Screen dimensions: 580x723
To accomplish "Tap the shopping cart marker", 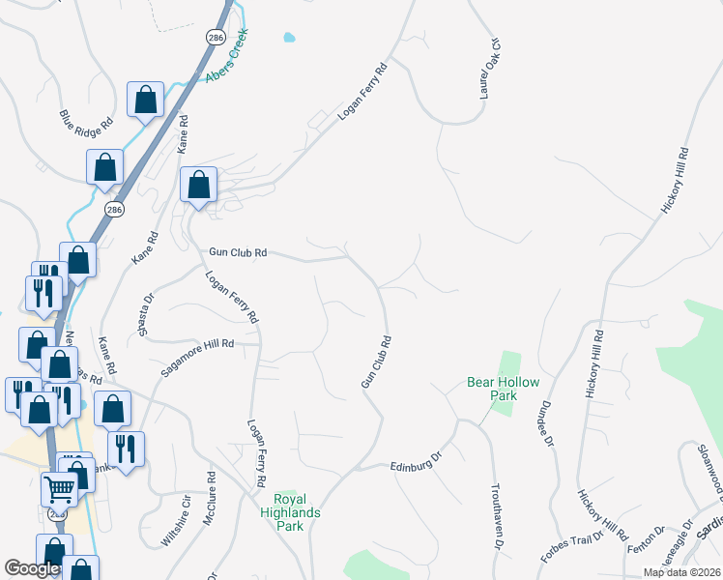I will (59, 491).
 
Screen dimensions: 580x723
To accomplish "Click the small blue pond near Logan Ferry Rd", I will (288, 39).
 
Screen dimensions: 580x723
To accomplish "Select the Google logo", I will (32, 568).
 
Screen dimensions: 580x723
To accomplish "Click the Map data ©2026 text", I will (681, 572).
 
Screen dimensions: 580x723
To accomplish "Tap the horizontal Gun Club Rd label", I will (238, 253).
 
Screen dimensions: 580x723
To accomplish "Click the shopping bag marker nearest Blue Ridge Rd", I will (144, 100).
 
